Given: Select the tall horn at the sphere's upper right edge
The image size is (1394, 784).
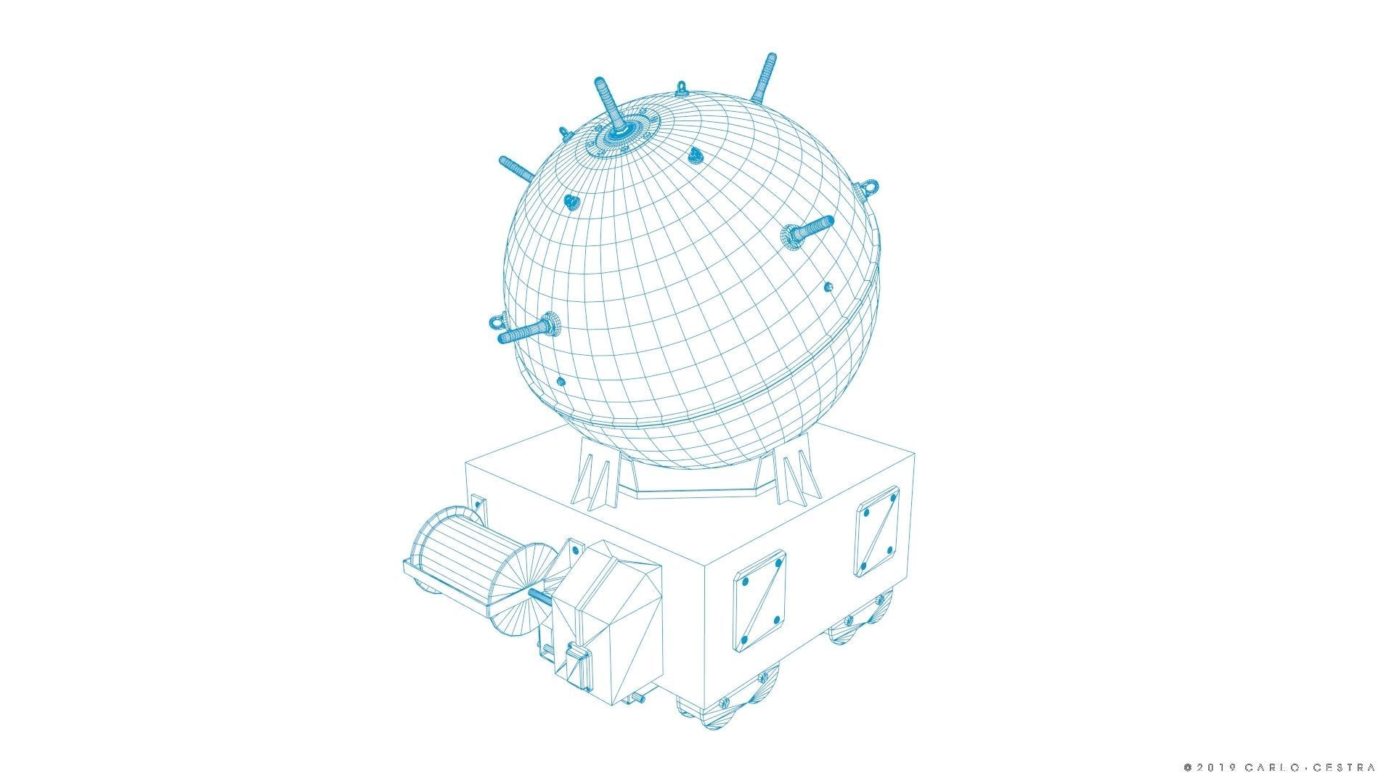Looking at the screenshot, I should pos(764,78).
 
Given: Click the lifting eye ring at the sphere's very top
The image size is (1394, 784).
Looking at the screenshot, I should pos(681,89).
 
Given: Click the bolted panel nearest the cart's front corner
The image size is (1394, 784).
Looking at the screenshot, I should pos(759,600).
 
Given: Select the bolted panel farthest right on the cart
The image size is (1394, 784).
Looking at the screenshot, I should pos(877,531).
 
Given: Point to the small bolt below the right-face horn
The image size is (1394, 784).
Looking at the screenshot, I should pos(828,287).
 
